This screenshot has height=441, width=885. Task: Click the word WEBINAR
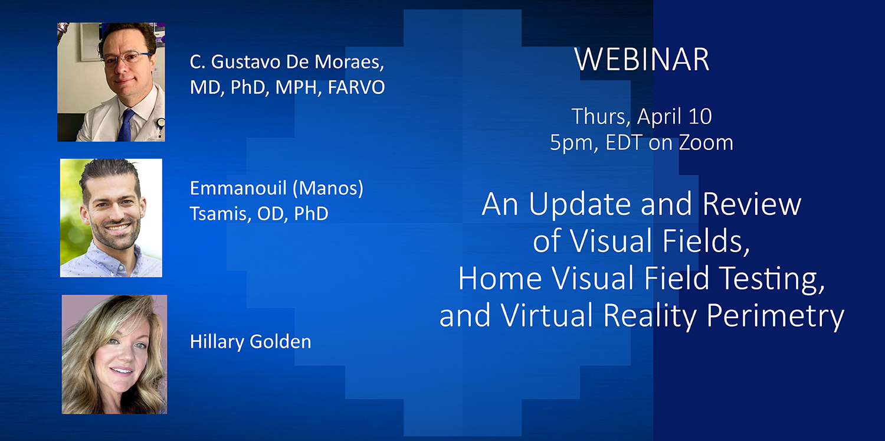[x=642, y=60]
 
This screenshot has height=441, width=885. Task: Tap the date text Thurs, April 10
[x=642, y=116]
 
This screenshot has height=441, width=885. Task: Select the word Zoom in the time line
[x=706, y=142]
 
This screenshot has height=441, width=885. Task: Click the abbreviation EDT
[x=624, y=142]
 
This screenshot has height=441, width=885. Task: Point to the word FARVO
[x=356, y=87]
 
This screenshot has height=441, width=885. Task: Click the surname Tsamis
[x=220, y=214]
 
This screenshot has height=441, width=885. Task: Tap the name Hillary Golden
[x=251, y=342]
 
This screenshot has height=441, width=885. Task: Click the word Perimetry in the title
[x=775, y=316]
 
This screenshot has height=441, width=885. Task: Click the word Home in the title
[x=500, y=278]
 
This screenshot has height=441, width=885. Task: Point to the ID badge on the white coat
[x=160, y=128]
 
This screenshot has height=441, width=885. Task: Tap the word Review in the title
[x=752, y=204]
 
